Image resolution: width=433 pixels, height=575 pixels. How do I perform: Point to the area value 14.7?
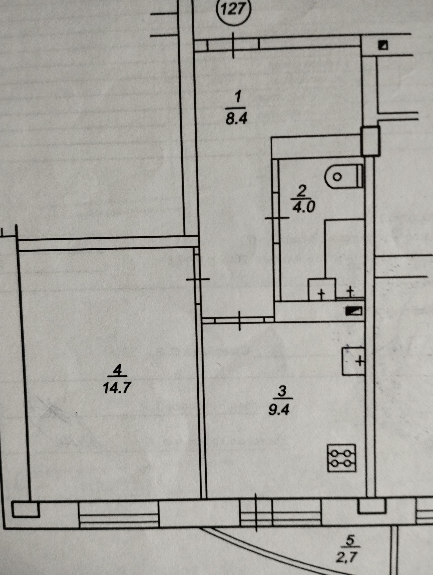pyautogui.click(x=116, y=388)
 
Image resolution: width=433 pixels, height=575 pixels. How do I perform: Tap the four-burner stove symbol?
pyautogui.click(x=342, y=458)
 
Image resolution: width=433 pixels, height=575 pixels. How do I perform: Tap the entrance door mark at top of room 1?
pyautogui.click(x=233, y=45)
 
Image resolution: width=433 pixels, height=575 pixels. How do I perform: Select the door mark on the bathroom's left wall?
pyautogui.click(x=277, y=218)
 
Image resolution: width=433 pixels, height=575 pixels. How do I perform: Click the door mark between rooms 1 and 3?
pyautogui.click(x=240, y=320)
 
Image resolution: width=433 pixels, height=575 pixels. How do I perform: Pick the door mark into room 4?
pyautogui.click(x=198, y=279)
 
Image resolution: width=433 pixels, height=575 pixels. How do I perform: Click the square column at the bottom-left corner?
pyautogui.click(x=25, y=509)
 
